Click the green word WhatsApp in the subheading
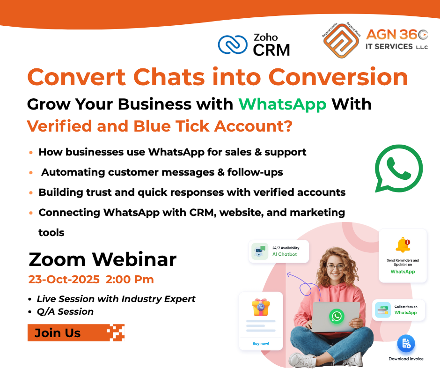pos(283,103)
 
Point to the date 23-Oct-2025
pos(64,280)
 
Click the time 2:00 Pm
pos(130,280)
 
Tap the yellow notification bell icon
pos(402,245)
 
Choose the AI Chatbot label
pos(285,254)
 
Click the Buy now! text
pos(261,343)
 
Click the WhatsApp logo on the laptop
pos(336,316)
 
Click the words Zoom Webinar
pos(103,259)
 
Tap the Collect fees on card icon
pos(383,310)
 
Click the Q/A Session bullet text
pos(65,311)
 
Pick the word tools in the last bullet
pos(51,232)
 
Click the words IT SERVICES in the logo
pos(389,46)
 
